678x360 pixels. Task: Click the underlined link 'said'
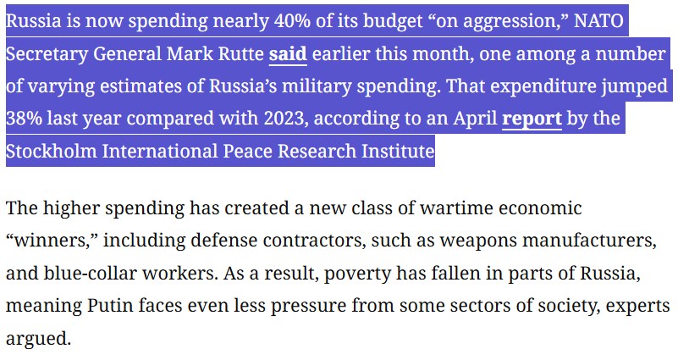click(x=288, y=53)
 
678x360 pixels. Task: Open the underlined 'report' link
click(x=532, y=119)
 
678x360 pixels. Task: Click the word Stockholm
click(x=47, y=152)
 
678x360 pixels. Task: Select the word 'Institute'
click(x=400, y=152)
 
